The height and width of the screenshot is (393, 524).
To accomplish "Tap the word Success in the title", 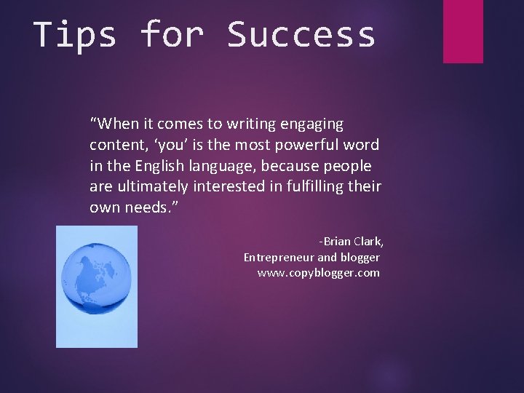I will [301, 34].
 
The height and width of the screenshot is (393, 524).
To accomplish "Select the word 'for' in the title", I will [172, 34].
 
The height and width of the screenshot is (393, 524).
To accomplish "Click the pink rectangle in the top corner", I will [463, 31].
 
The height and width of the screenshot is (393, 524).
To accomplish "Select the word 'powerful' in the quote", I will [307, 145].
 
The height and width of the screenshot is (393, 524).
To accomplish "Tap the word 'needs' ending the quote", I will [148, 207].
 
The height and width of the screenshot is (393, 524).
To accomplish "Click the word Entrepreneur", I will [279, 257].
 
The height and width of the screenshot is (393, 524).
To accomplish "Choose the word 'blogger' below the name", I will [360, 257].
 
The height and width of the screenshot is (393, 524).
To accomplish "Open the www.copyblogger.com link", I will [318, 273].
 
